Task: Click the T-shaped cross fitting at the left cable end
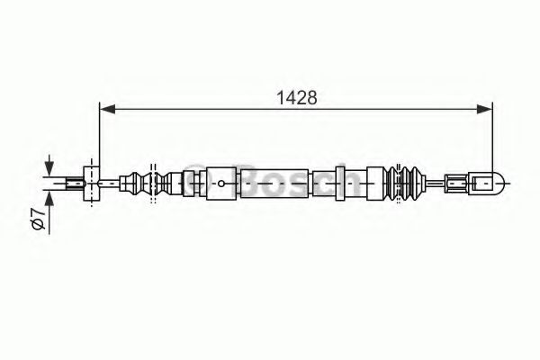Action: [x=90, y=184]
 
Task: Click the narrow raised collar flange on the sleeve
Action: [x=341, y=184]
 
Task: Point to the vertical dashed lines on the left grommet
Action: [x=153, y=184]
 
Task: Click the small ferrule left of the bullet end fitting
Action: [x=458, y=184]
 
